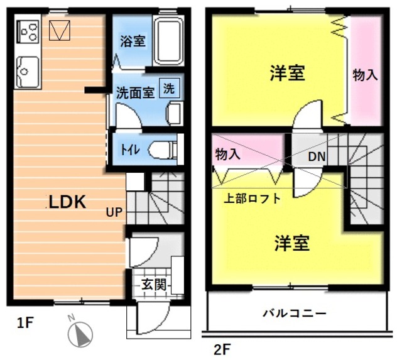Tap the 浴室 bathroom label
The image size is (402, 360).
133,42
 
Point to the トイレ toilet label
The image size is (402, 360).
131,150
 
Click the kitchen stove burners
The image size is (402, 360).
28,30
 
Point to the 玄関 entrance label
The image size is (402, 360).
153,284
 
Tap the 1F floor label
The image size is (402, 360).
24,324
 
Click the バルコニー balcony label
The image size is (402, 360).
295,312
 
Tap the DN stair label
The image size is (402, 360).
316,157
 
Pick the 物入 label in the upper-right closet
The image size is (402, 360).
365,75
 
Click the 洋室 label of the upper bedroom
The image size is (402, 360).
288,74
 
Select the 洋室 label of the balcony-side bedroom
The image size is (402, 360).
291,243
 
